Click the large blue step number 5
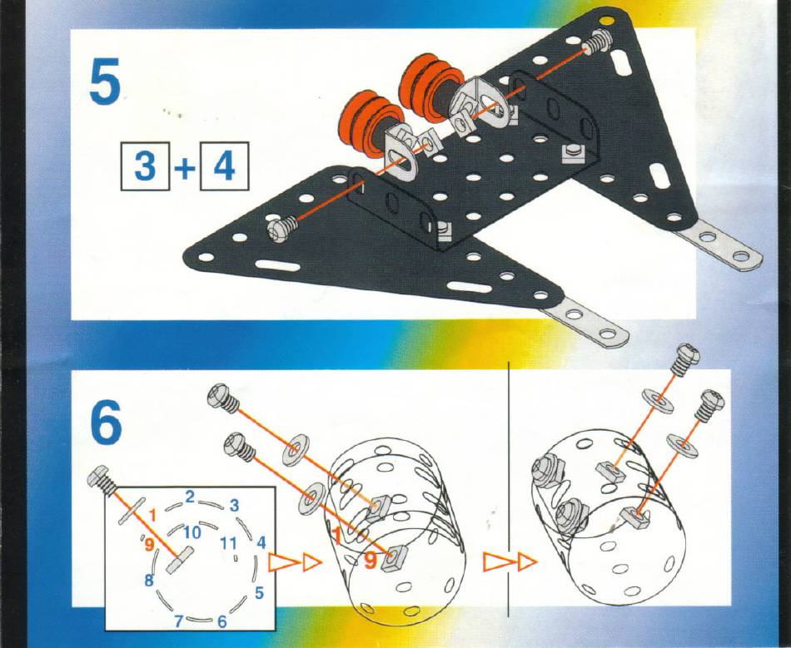pos(105,80)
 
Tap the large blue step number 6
pos(106,423)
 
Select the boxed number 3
pos(145,166)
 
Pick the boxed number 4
pos(225,166)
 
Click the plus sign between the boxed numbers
pos(185,167)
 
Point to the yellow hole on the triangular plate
pos(606,21)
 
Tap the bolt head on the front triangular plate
pos(278,230)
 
